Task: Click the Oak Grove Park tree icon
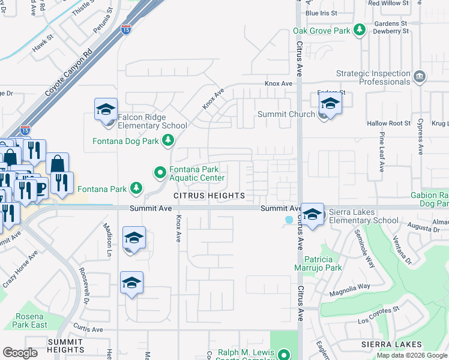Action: click(360, 29)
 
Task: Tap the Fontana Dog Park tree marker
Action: click(168, 141)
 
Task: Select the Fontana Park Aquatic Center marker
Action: click(160, 173)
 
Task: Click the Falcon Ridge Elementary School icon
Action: click(106, 110)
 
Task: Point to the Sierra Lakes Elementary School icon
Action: click(312, 215)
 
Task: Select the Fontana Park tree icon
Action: click(136, 189)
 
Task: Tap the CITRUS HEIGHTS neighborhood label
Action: click(209, 196)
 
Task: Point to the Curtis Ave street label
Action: click(88, 329)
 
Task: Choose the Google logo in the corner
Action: click(20, 353)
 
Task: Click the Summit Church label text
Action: click(286, 114)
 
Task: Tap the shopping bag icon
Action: click(58, 163)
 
